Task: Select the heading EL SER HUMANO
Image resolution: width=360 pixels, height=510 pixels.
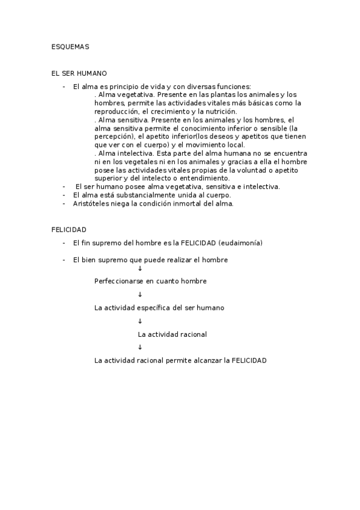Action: pyautogui.click(x=79, y=73)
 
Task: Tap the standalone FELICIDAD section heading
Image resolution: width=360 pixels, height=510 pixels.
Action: pyautogui.click(x=69, y=230)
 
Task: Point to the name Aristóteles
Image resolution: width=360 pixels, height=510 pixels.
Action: pyautogui.click(x=93, y=203)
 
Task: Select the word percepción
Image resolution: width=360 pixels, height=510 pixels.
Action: pyautogui.click(x=114, y=137)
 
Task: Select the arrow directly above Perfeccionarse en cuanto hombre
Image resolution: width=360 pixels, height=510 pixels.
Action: pyautogui.click(x=140, y=268)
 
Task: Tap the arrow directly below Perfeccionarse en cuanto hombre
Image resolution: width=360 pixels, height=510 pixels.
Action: pyautogui.click(x=140, y=294)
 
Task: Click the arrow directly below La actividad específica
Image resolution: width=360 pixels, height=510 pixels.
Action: pyautogui.click(x=140, y=321)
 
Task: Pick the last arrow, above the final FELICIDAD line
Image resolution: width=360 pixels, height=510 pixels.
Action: pyautogui.click(x=140, y=347)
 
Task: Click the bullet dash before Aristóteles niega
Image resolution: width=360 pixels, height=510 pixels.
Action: pyautogui.click(x=64, y=203)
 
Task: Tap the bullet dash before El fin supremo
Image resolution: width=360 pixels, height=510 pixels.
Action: pyautogui.click(x=64, y=243)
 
